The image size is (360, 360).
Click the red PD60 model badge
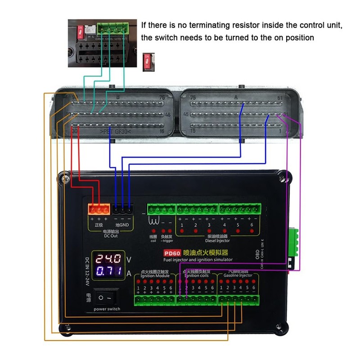click(x=172, y=253)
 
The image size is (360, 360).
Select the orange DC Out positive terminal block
click(x=99, y=210)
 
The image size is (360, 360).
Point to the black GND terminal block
click(x=122, y=210)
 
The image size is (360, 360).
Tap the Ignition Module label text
click(x=155, y=276)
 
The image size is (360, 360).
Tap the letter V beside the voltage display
click(x=129, y=259)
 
